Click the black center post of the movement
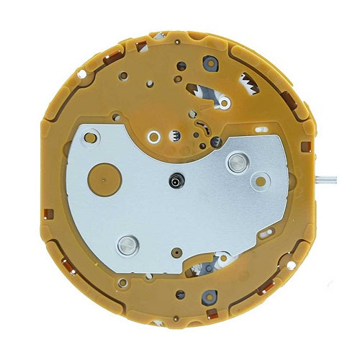[x=174, y=184]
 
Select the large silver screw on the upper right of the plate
[x=235, y=163]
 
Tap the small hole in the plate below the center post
[x=175, y=253]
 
